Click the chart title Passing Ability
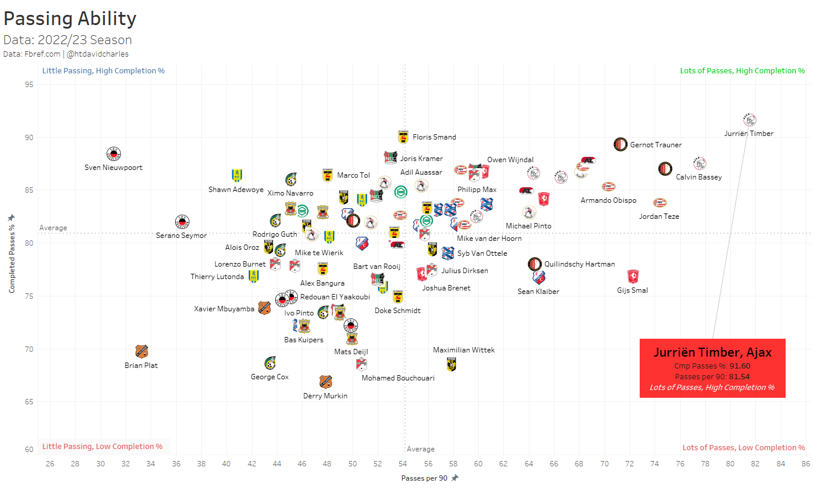(x=70, y=18)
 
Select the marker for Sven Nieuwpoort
(x=114, y=154)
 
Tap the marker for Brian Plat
(x=141, y=351)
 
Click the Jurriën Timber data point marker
(x=749, y=120)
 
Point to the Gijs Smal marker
(x=633, y=276)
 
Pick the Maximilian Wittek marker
(x=451, y=364)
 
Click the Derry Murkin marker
(x=325, y=382)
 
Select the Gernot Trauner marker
(x=621, y=144)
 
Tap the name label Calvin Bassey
(x=699, y=177)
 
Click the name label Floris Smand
(x=434, y=137)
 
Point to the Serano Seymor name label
(x=181, y=236)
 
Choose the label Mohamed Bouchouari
(x=398, y=378)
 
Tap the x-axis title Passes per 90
(x=425, y=478)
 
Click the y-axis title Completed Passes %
(x=12, y=254)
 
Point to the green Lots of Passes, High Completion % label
(x=742, y=71)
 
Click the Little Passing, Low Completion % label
(x=102, y=447)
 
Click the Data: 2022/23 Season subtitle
(x=68, y=41)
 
